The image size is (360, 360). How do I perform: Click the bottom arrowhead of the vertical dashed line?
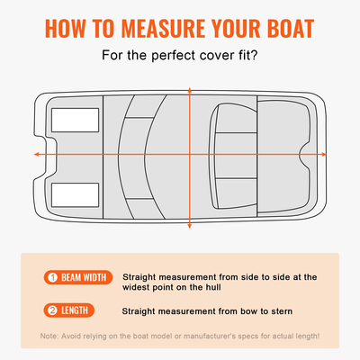pyautogui.click(x=189, y=226)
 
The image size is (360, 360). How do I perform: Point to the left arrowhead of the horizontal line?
pyautogui.click(x=36, y=155)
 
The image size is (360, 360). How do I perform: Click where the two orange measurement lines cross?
pyautogui.click(x=189, y=155)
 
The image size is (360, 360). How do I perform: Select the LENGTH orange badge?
pyautogui.click(x=67, y=311)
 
